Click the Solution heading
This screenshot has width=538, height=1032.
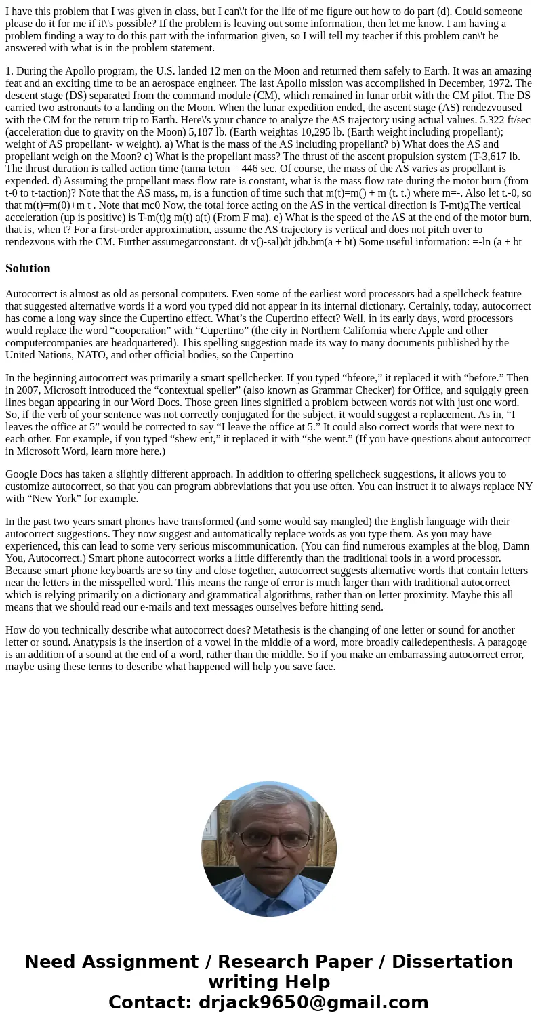[28, 268]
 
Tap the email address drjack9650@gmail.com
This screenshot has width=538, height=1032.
[313, 1003]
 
